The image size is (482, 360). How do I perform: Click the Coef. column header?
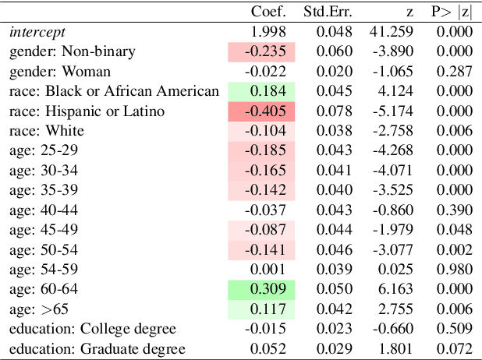268,12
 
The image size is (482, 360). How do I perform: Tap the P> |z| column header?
451,12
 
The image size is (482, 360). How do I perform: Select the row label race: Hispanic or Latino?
87,111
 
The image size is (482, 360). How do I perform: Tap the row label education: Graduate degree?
97,348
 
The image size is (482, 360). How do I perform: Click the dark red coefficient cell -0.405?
262,111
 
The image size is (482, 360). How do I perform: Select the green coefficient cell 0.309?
262,289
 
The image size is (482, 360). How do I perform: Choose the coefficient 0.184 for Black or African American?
262,91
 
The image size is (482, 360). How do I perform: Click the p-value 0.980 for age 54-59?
456,269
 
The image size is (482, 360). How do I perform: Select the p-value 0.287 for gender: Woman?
456,72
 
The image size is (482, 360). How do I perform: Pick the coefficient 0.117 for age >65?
262,309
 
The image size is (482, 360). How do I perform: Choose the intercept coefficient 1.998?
269,32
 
